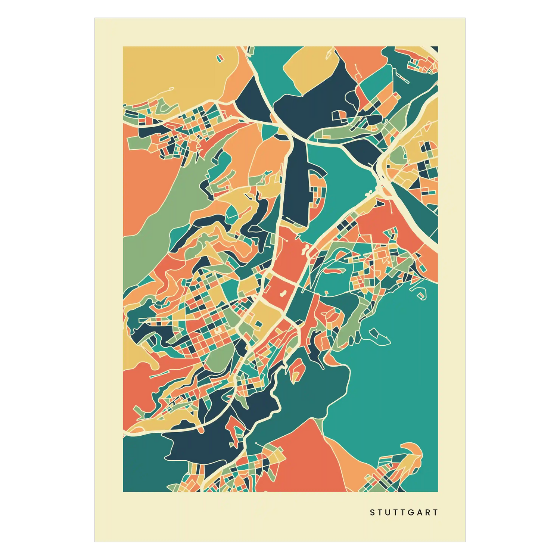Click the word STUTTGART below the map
pyautogui.click(x=404, y=513)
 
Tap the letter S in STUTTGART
pyautogui.click(x=372, y=513)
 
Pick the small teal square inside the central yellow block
pyautogui.click(x=258, y=324)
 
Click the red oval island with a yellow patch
pyautogui.click(x=297, y=368)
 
